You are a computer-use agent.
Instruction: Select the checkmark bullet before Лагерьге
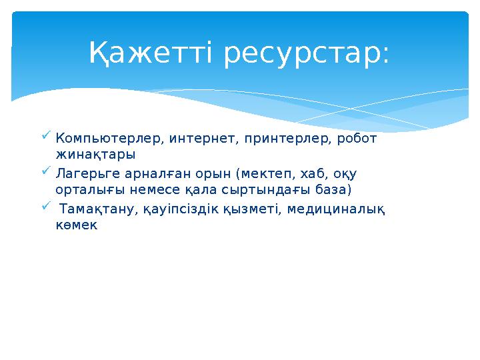(45, 171)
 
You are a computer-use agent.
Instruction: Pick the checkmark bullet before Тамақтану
(45, 206)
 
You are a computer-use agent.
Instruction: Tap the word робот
(357, 139)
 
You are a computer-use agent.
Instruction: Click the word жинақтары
(95, 155)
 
